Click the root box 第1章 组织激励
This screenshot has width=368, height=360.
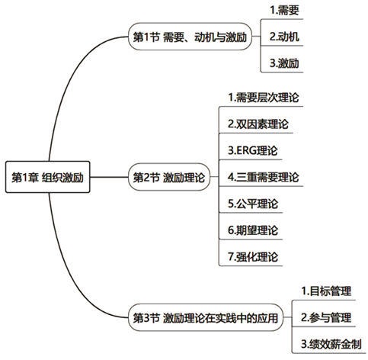click(48, 177)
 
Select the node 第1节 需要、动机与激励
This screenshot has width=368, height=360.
click(190, 37)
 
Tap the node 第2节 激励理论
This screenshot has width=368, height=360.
click(169, 177)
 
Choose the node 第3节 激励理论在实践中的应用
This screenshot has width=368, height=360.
click(206, 317)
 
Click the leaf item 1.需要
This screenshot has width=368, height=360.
click(284, 10)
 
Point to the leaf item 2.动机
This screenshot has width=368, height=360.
click(284, 37)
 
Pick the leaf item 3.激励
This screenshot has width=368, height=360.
click(284, 63)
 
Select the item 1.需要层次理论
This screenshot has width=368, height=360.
click(264, 98)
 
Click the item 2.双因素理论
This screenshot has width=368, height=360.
click(258, 124)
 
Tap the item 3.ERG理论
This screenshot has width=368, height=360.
click(253, 150)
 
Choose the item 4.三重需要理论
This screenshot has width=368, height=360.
click(264, 177)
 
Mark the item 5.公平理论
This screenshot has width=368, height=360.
click(253, 204)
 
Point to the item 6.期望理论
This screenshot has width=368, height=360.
click(253, 230)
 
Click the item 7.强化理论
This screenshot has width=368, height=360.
click(253, 256)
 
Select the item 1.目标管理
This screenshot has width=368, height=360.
click(326, 291)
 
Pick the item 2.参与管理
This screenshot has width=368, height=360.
click(326, 317)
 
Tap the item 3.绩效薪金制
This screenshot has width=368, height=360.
click(331, 344)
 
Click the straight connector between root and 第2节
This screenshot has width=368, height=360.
click(109, 177)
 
